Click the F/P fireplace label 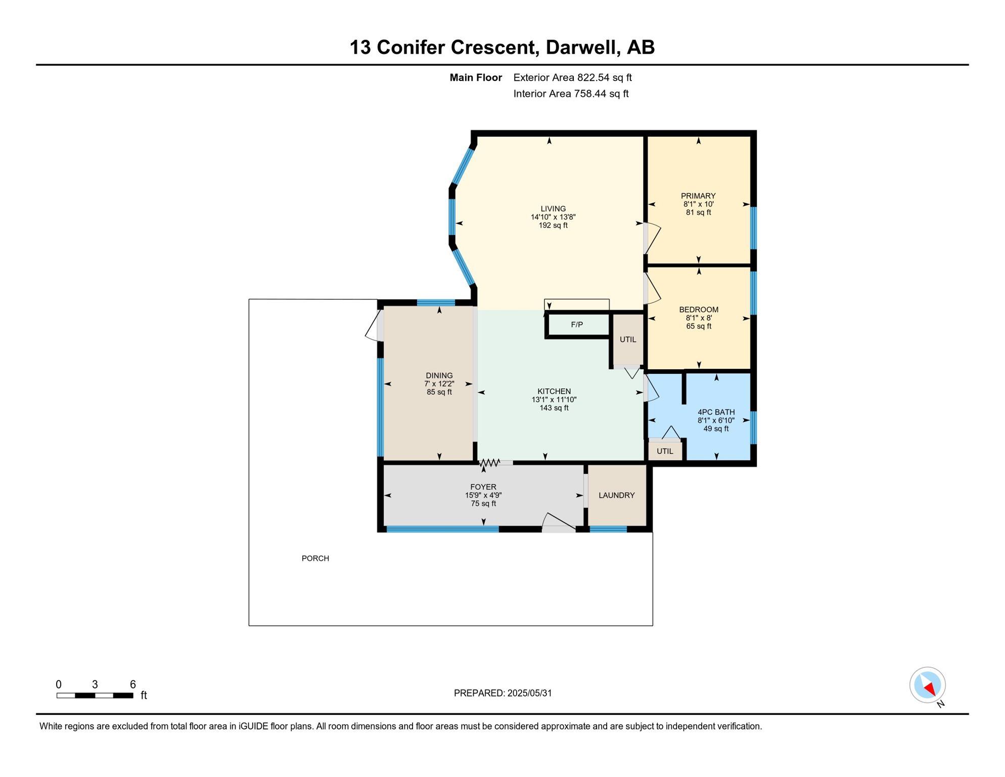tap(577, 325)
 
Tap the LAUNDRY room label tap(616, 495)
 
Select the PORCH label tap(315, 558)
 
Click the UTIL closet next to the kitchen tap(628, 339)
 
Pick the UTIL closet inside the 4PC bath tap(665, 451)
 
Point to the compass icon tap(927, 685)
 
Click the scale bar tap(95, 696)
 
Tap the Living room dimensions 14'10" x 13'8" tap(553, 217)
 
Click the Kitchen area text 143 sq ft tap(554, 408)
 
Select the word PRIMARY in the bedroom tap(698, 196)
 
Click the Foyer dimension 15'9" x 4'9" tap(483, 495)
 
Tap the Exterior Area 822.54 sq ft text tap(572, 77)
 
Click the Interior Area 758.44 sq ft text tap(571, 94)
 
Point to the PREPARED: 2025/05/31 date tap(502, 693)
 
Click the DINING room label tap(439, 375)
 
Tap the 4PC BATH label tap(716, 412)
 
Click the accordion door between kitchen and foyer tap(489, 462)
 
